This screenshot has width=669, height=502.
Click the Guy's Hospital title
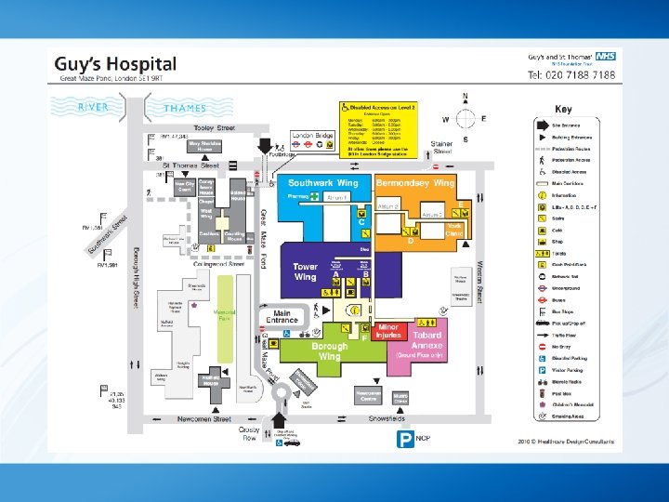click(x=115, y=64)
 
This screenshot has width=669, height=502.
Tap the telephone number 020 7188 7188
click(x=571, y=74)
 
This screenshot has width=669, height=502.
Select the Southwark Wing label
click(x=322, y=183)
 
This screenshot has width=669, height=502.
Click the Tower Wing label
click(x=305, y=271)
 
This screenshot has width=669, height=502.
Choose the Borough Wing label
click(x=332, y=350)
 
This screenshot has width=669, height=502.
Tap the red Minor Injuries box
click(x=388, y=331)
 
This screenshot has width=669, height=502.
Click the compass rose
click(x=465, y=118)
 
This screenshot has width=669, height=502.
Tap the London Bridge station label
click(x=312, y=136)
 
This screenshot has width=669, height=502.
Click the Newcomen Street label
click(x=203, y=419)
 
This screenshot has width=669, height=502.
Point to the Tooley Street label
click(x=214, y=127)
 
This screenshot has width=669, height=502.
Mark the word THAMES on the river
click(x=185, y=108)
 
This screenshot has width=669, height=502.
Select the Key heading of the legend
click(x=563, y=109)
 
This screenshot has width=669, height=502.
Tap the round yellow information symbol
click(x=353, y=310)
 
